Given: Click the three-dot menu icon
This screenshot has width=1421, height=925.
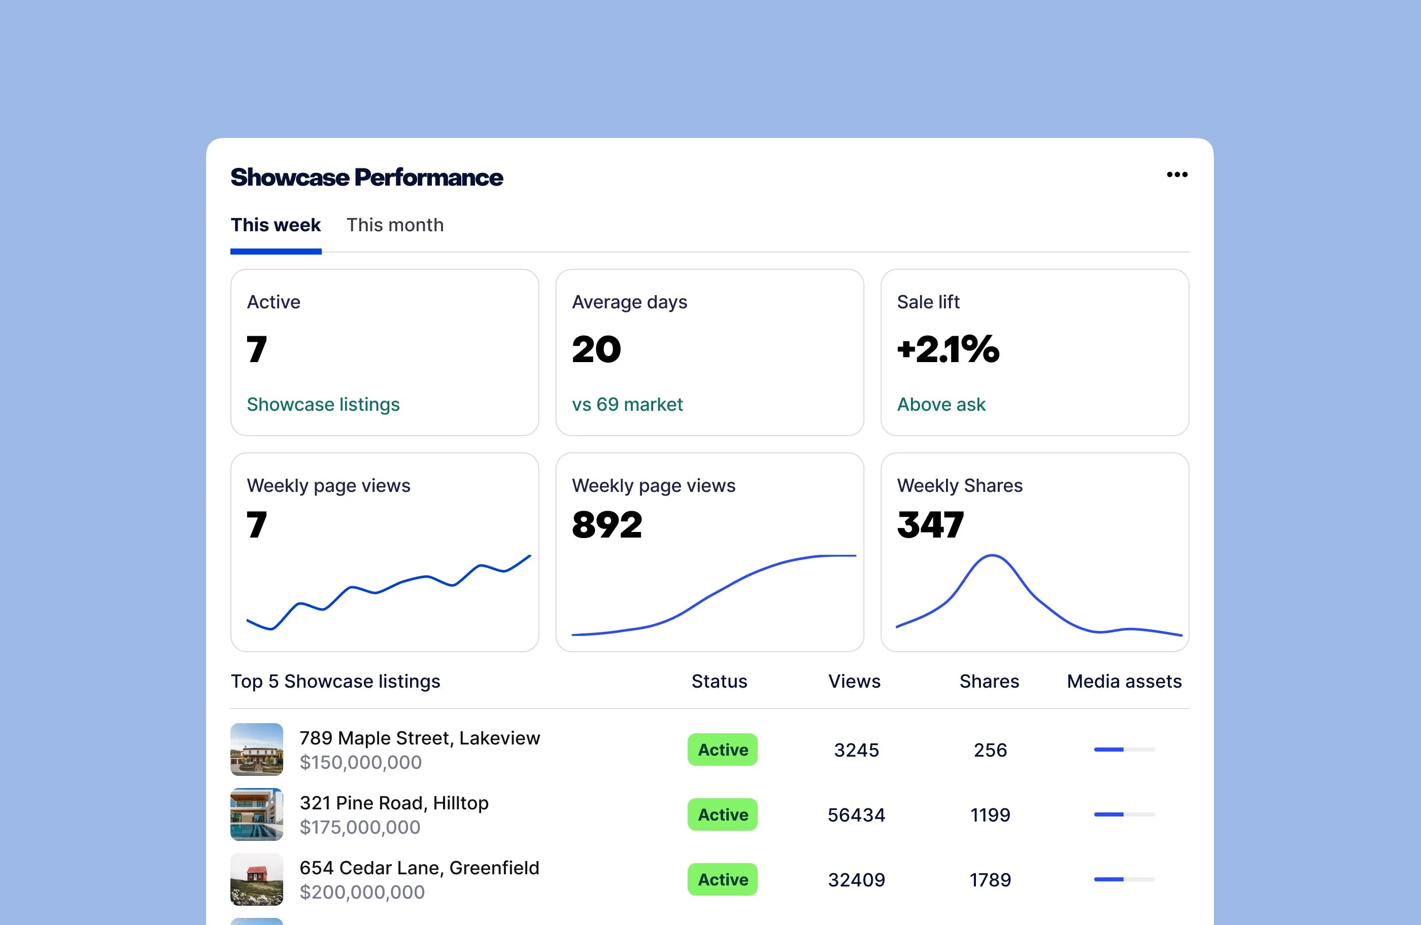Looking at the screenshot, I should coord(1177,175).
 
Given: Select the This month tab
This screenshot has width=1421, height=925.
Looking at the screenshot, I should coord(395,225).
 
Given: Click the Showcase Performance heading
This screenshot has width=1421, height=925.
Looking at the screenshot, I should coord(366,177).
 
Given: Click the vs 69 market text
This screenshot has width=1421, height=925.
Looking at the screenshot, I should coord(627,405).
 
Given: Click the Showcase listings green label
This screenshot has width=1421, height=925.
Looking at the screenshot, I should coord(323,405).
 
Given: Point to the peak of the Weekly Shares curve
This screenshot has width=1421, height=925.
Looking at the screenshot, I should coord(992,556).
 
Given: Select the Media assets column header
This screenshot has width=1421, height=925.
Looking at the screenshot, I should coord(1124,681).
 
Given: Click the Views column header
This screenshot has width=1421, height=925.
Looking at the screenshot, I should coord(854,681).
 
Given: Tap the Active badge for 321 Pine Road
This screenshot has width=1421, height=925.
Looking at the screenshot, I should coord(723,814).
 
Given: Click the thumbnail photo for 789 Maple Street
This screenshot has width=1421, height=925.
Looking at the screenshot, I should coord(257,750).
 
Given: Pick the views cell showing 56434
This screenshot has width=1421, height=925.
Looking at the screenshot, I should coord(856,814).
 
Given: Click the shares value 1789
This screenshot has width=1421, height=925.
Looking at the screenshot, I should coord(990,880).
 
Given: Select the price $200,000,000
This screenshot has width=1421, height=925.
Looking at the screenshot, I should coord(362,892).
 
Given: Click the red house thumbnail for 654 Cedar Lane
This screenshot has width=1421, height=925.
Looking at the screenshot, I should coord(257,879).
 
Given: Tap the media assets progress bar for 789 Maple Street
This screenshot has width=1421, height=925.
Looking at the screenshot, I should coord(1124,750).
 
